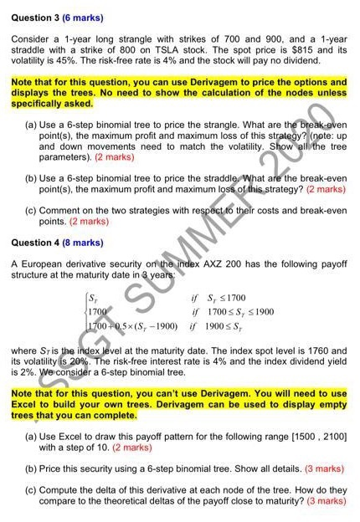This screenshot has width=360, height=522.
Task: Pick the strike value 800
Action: point(134,49)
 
